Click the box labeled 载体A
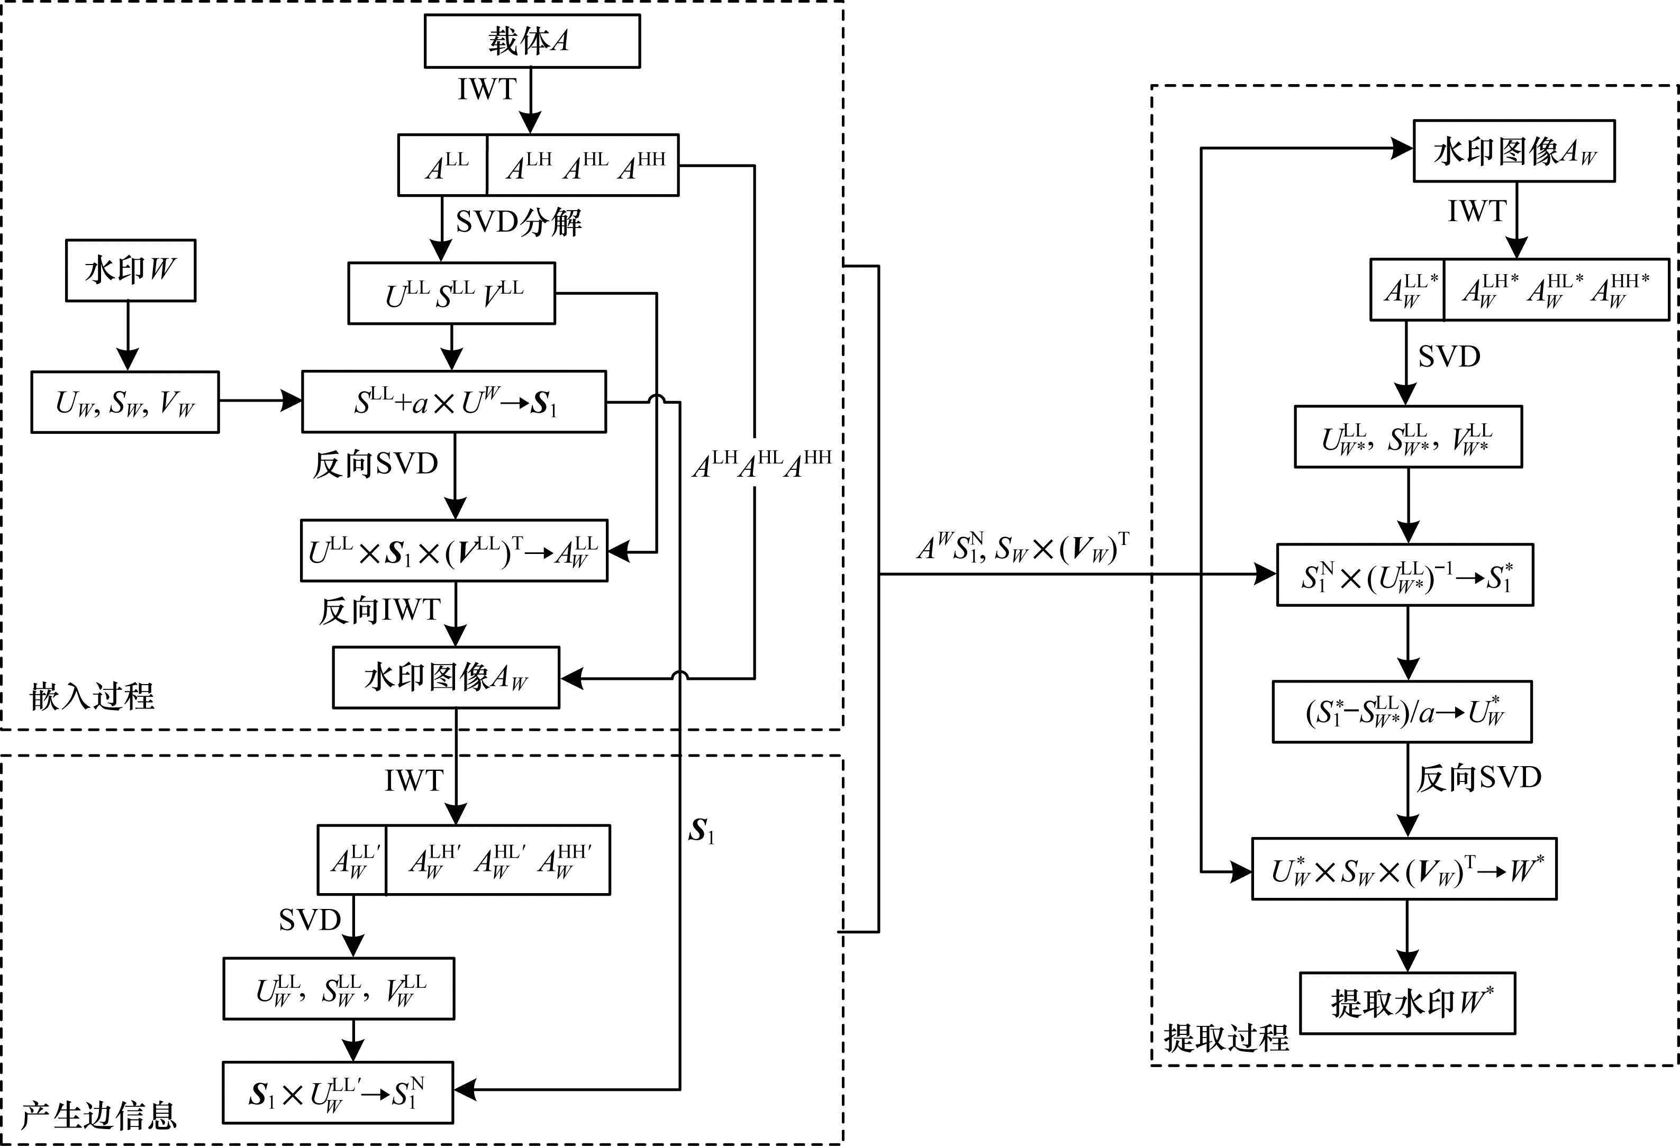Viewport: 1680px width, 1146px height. pyautogui.click(x=531, y=41)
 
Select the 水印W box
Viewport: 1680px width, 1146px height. pyautogui.click(x=130, y=270)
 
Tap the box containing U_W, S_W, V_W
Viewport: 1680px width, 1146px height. pyautogui.click(x=124, y=403)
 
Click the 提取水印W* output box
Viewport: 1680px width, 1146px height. pyautogui.click(x=1407, y=1003)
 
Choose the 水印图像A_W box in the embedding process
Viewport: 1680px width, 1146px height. pyautogui.click(x=446, y=677)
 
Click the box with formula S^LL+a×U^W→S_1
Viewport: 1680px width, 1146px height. pyautogui.click(x=454, y=402)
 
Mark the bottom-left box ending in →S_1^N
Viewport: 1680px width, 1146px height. pyautogui.click(x=338, y=1093)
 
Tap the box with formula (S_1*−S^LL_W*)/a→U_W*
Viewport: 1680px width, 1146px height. pyautogui.click(x=1402, y=712)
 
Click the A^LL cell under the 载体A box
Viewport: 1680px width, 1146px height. pyautogui.click(x=443, y=166)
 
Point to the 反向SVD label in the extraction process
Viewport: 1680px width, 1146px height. pyautogui.click(x=1478, y=778)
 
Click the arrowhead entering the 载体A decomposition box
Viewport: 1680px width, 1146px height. pyautogui.click(x=531, y=124)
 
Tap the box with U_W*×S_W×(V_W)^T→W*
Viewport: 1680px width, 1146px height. pyautogui.click(x=1404, y=869)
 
